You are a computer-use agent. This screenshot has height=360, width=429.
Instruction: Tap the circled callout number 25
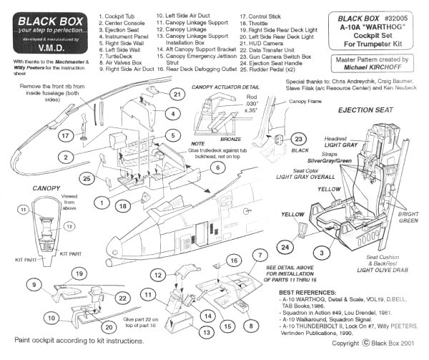(86, 177)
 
